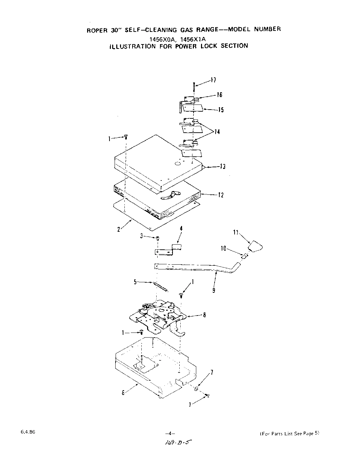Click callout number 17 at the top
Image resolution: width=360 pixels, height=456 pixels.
(213, 80)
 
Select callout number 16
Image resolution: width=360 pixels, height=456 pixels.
(219, 95)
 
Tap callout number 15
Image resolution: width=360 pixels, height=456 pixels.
(221, 110)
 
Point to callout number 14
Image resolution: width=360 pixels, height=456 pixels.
(217, 132)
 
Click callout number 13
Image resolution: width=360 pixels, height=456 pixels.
(222, 167)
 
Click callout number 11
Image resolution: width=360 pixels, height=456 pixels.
(236, 233)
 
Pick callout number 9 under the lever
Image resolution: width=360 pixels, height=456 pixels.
(214, 290)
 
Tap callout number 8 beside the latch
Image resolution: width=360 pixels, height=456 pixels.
(204, 315)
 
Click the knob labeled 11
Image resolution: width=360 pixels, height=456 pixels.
(256, 246)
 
